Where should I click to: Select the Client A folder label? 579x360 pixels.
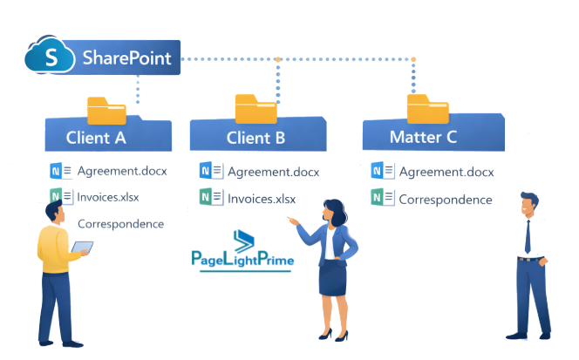pos(96,137)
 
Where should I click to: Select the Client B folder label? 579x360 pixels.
pos(255,137)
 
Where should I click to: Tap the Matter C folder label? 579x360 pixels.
pos(424,137)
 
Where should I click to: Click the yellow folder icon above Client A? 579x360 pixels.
pos(106,110)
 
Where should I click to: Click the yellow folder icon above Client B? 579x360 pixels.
pos(255,108)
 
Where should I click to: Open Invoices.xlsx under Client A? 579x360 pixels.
pos(108,196)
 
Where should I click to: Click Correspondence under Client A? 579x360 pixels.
pos(121,223)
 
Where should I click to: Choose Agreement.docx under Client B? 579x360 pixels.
pos(273,172)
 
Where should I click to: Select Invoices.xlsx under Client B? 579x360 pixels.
pos(261,199)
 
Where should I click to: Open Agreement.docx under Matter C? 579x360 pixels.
pos(446,172)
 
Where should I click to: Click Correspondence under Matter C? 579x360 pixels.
pos(445,199)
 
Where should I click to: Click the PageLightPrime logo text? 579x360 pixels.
pos(242,259)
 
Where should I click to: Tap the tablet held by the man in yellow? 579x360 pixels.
pos(82,249)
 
